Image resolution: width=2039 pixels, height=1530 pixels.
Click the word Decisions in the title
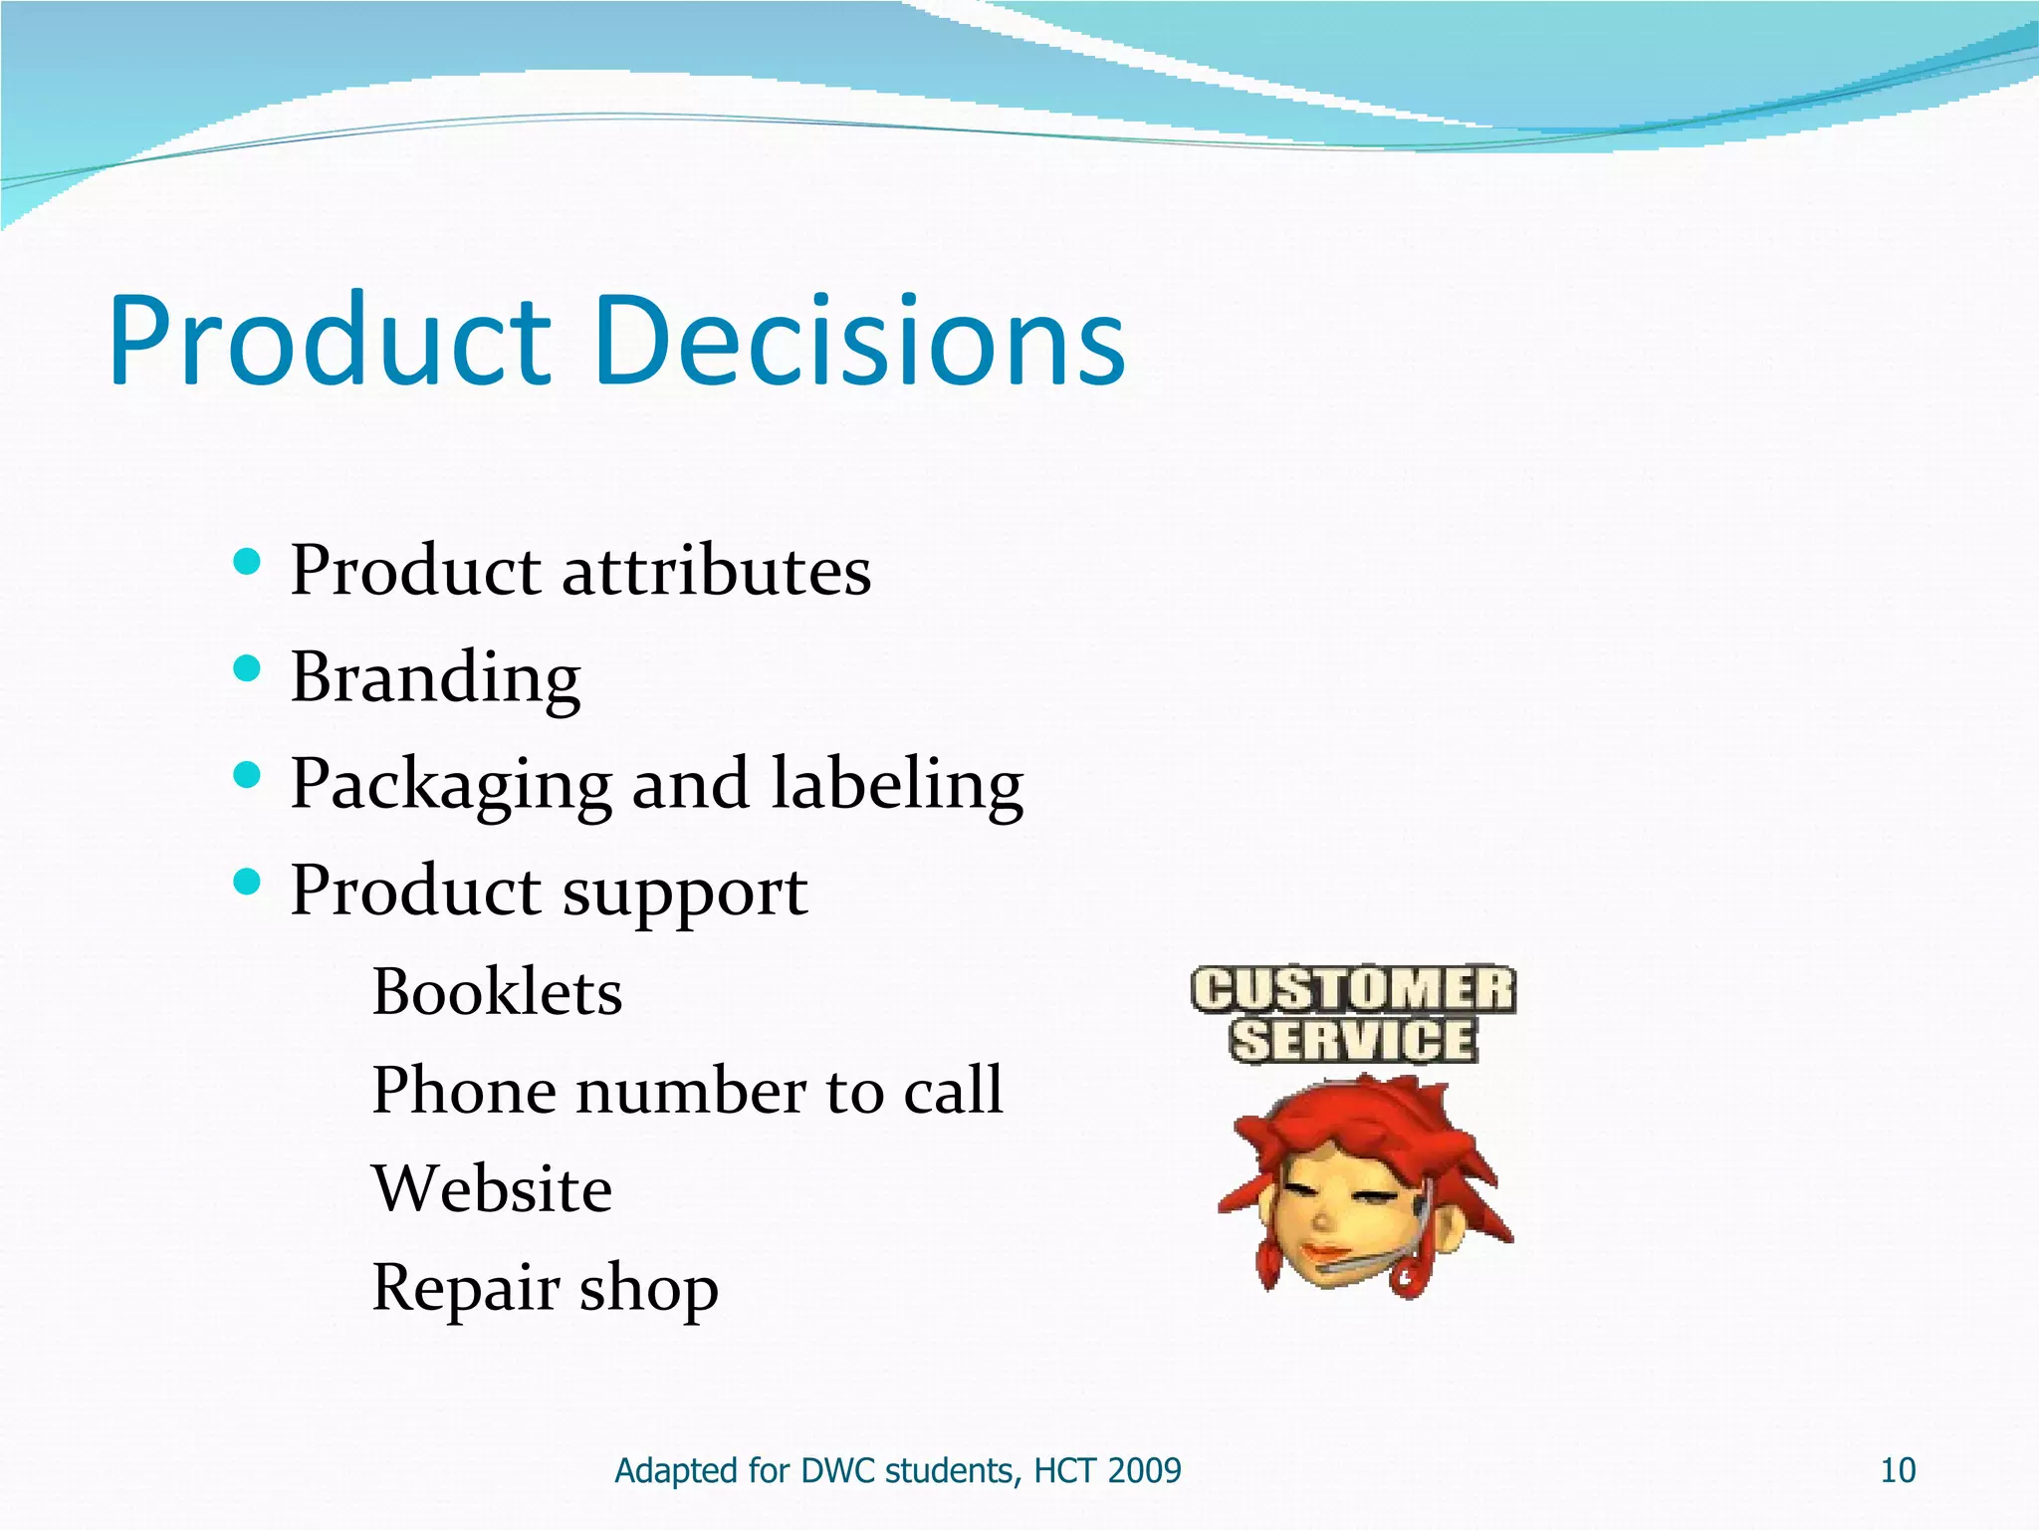click(861, 341)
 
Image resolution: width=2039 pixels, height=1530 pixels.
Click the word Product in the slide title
click(329, 341)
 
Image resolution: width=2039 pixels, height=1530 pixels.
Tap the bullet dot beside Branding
click(246, 668)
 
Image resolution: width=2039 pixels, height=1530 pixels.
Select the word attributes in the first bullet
click(716, 572)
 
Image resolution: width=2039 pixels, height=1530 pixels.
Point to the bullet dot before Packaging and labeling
click(246, 775)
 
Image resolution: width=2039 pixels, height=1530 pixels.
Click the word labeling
click(897, 785)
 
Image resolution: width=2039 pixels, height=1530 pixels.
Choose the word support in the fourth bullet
click(685, 892)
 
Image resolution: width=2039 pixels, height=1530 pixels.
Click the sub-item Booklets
click(497, 992)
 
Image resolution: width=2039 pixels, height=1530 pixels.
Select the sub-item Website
click(492, 1188)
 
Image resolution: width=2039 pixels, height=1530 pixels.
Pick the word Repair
click(464, 1288)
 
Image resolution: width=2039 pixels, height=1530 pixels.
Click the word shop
click(648, 1288)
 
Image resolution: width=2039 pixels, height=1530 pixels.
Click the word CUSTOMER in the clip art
click(1353, 991)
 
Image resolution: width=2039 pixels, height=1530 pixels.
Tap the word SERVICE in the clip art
click(1353, 1040)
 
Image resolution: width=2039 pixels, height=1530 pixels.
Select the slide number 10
click(1897, 1470)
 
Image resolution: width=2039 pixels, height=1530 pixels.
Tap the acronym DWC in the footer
click(838, 1470)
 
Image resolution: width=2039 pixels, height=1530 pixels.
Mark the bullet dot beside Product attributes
click(246, 562)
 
